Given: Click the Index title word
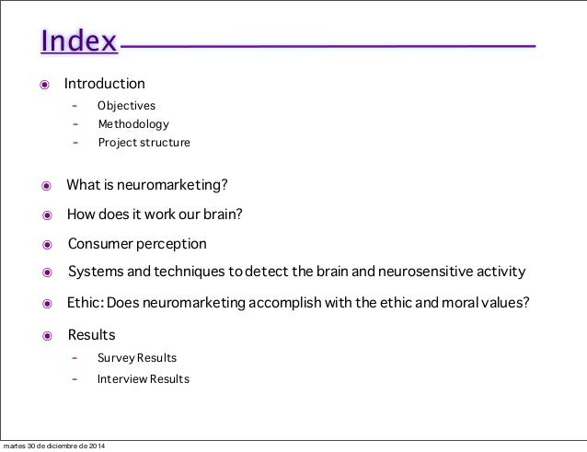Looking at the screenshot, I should (78, 42).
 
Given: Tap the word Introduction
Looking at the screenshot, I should (104, 84).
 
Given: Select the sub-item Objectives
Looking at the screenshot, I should (126, 106).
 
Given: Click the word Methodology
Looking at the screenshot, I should (133, 124).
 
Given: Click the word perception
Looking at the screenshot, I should (175, 244).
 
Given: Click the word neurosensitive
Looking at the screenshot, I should (420, 272).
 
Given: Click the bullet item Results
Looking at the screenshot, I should (91, 334).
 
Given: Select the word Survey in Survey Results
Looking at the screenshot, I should (115, 357).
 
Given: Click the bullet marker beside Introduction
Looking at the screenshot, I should (43, 86).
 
